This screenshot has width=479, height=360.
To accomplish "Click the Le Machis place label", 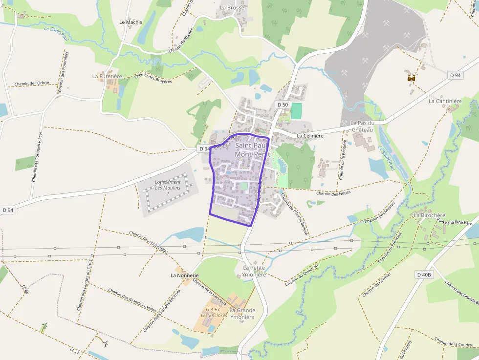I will (131, 22).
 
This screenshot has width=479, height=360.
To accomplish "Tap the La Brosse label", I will (232, 8).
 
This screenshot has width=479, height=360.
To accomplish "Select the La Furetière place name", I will (107, 76).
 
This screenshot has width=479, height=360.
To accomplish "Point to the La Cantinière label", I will (445, 101).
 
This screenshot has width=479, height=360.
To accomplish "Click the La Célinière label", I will (310, 136).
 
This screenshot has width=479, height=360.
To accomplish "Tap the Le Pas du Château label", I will (362, 126).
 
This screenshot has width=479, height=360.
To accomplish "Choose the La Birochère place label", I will (430, 215).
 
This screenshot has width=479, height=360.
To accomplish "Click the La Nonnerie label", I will (184, 275).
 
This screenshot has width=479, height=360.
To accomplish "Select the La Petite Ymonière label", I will (255, 271).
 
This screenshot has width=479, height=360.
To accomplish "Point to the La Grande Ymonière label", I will (242, 313).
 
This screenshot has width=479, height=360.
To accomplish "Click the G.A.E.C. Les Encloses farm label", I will (214, 312).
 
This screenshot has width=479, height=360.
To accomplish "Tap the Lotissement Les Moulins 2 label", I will (168, 188).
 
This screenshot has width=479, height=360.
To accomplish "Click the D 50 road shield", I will (283, 105).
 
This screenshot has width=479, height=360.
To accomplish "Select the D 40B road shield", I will (424, 275).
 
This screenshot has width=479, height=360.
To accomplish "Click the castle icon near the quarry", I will (411, 77).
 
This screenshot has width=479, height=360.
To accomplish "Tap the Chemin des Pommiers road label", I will (62, 72).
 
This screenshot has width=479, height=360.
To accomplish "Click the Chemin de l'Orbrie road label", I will (32, 84).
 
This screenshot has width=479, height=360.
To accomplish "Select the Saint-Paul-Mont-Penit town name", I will (250, 149).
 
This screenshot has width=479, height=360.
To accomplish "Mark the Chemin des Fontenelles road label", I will (149, 242).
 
